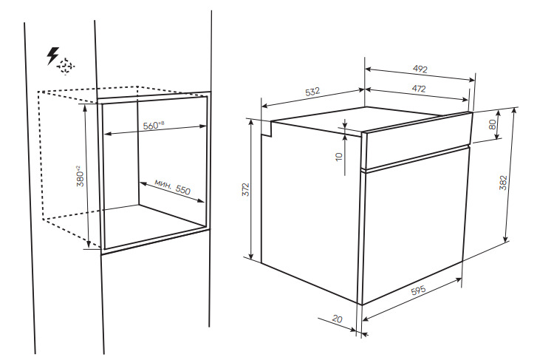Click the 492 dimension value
pos(421,70)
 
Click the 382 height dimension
pos(503,184)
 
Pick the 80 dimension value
pos(493,124)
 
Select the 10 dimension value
pos(338,157)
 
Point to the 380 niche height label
pos(79,175)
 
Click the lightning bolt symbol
pos(52,55)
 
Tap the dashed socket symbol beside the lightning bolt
pos(67,66)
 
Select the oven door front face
pos(414,222)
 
